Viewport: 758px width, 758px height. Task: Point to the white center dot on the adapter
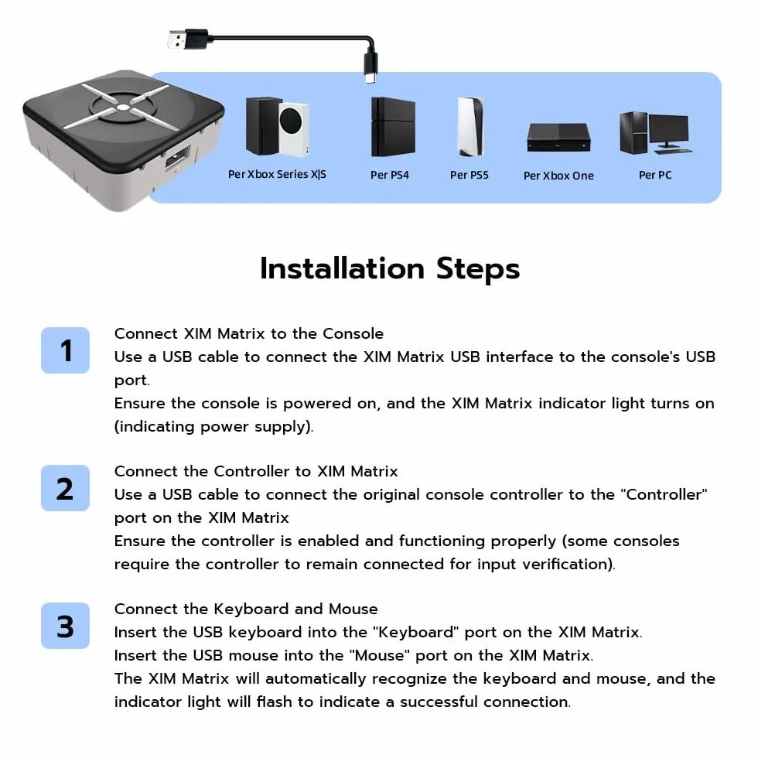click(123, 108)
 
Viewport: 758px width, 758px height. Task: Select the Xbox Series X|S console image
click(277, 127)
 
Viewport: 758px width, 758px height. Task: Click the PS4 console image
click(393, 127)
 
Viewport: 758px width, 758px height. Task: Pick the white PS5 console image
click(470, 127)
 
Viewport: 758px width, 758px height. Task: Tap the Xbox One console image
click(558, 138)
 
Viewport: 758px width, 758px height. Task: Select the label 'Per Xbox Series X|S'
click(277, 174)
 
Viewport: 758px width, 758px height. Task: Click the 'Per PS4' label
click(390, 175)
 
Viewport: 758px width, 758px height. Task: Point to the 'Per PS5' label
click(469, 175)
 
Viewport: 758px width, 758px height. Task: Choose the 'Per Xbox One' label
click(558, 176)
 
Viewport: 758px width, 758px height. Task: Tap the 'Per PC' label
click(655, 175)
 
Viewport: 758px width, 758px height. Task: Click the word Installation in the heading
click(342, 268)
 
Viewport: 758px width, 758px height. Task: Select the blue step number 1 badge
click(65, 350)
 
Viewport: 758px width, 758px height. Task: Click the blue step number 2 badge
click(65, 488)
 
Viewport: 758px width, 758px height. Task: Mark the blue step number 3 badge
click(65, 626)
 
